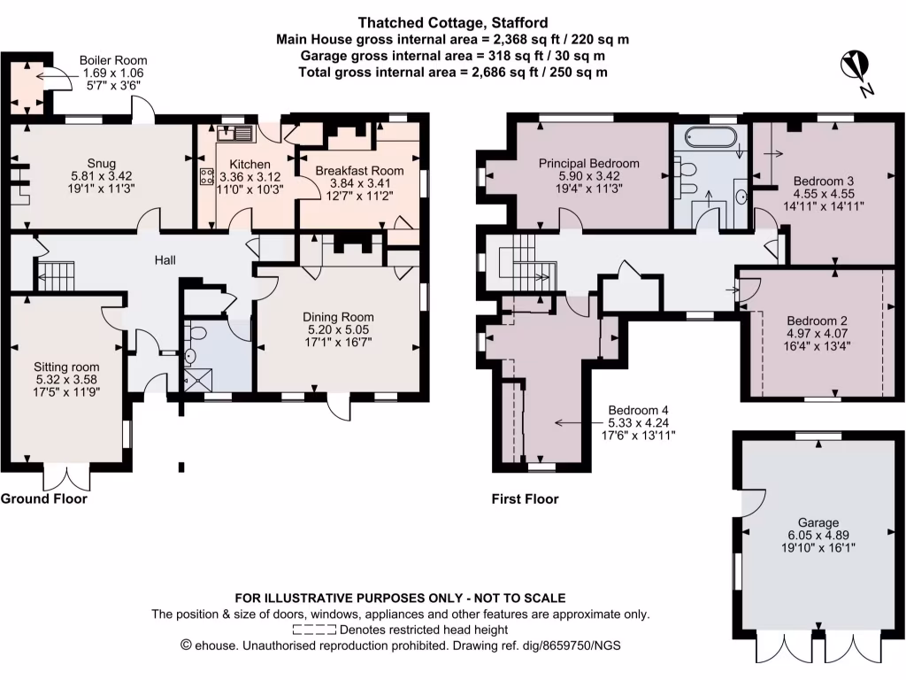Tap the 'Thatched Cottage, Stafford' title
click(452, 22)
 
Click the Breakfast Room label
click(360, 171)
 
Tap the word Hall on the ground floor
click(165, 260)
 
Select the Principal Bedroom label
click(589, 163)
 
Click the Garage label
click(817, 522)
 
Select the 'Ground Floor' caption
click(43, 498)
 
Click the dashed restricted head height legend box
click(313, 630)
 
